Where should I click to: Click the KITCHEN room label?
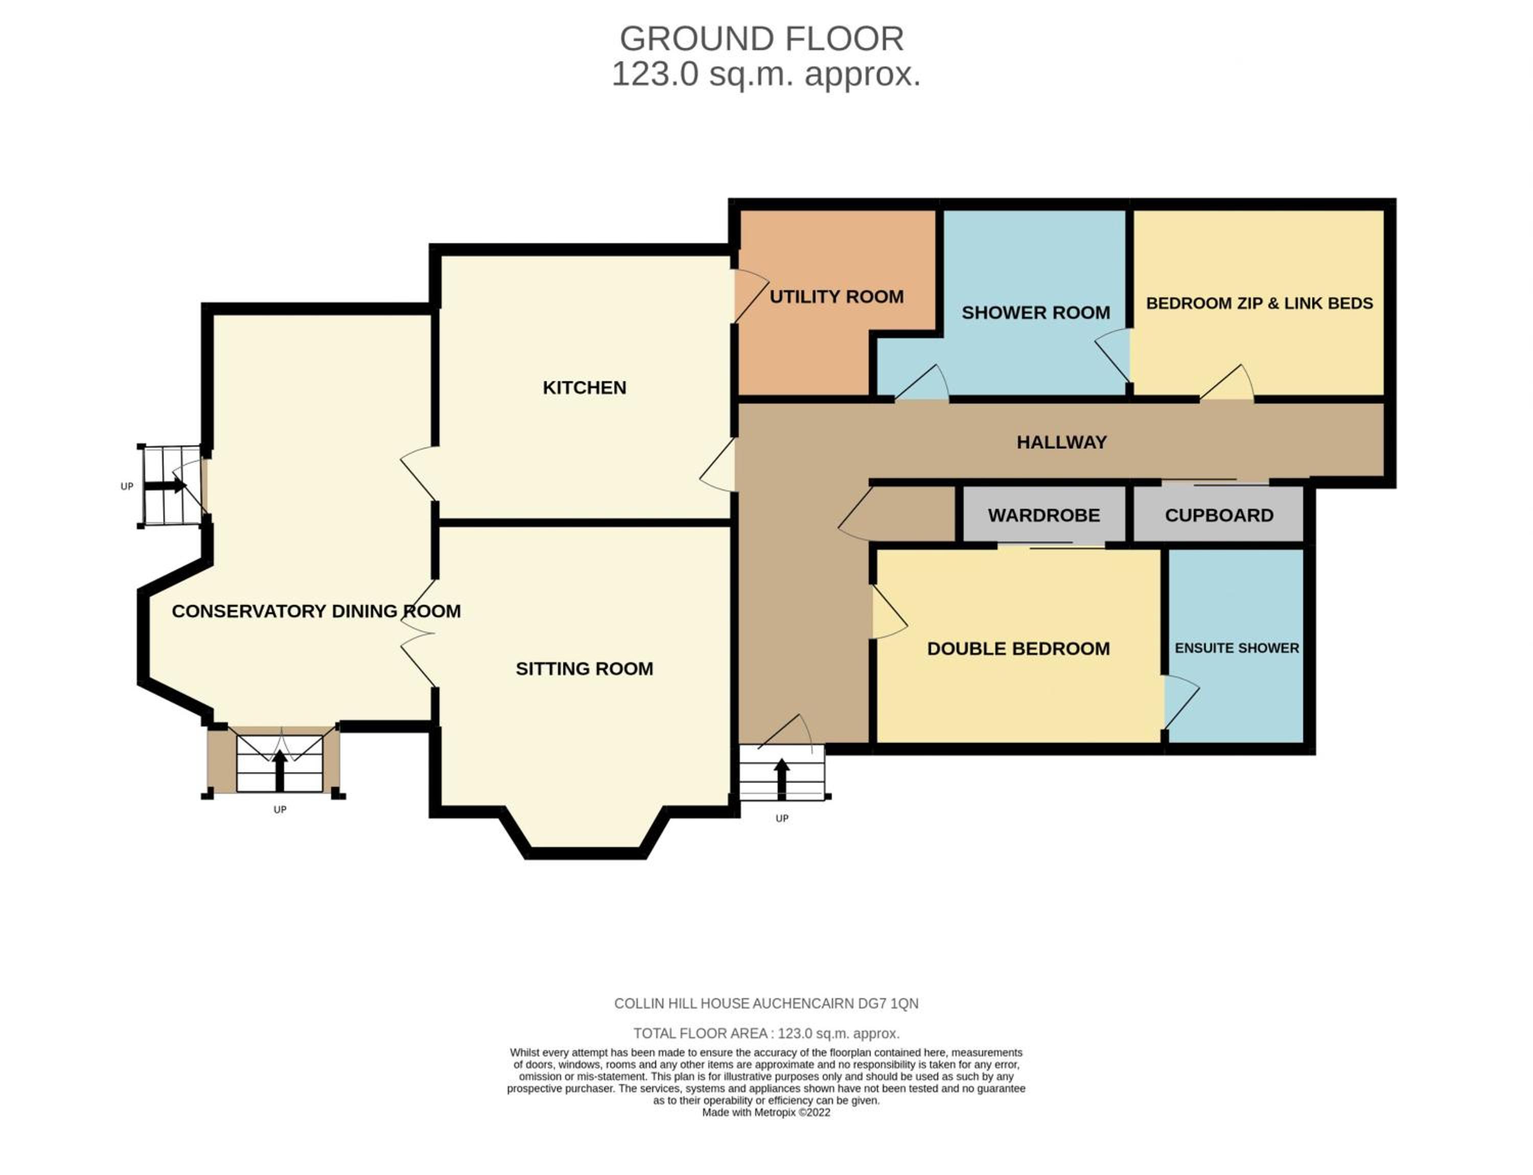pos(584,387)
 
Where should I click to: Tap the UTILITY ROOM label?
pos(836,296)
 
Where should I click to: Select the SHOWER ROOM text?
pos(1035,313)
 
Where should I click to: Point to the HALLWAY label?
pos(1061,442)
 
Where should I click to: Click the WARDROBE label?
pos(1044,515)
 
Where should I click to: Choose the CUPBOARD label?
pos(1219,515)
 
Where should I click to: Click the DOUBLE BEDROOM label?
pos(1018,648)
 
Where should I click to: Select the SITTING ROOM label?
pos(584,669)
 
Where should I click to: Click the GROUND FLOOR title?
pos(762,38)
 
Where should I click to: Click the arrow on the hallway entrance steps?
pos(781,779)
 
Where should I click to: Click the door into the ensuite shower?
pos(1181,701)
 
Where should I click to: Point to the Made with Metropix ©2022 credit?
pos(766,1113)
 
